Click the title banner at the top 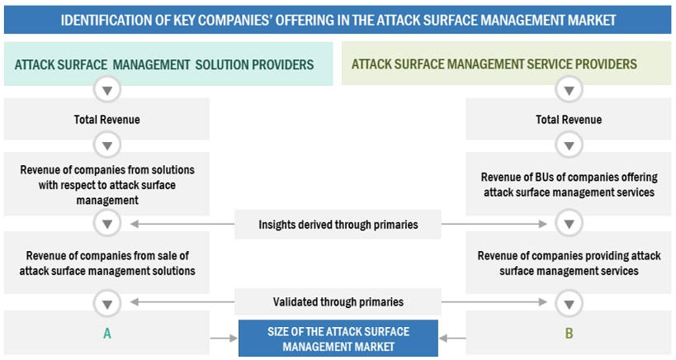tap(338, 19)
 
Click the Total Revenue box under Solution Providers tap(106, 120)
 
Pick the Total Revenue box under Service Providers tap(569, 120)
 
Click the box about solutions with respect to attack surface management tap(106, 184)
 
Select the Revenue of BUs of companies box tap(569, 184)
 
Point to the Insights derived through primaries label tap(338, 224)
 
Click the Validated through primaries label tap(338, 302)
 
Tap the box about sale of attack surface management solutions tap(106, 263)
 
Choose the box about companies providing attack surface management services tap(569, 263)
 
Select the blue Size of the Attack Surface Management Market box tap(338, 339)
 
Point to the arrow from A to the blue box tap(222, 338)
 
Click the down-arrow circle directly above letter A tap(106, 303)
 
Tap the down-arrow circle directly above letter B tap(569, 303)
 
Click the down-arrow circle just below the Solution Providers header tap(106, 89)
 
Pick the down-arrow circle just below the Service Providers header tap(569, 89)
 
